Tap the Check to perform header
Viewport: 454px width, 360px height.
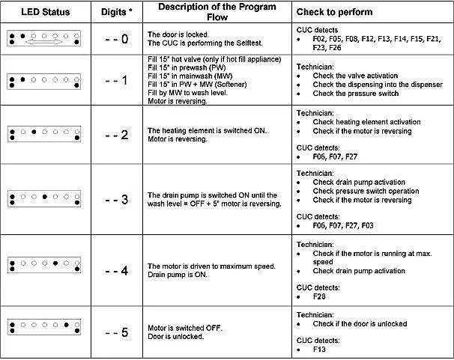tap(333, 13)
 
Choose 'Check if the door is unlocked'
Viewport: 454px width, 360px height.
tap(363, 323)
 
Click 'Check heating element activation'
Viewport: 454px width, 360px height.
tap(366, 122)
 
